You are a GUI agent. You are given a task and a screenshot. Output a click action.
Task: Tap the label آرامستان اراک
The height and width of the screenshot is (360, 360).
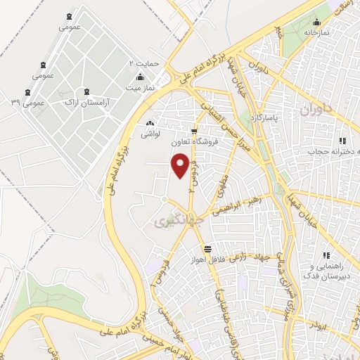point(84,103)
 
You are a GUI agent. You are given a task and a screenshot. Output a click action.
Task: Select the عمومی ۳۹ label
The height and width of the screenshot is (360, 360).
point(27,103)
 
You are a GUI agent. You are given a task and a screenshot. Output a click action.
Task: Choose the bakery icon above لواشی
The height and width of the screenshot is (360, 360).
point(150,124)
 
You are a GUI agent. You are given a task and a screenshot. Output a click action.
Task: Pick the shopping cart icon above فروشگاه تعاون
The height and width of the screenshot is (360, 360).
point(194,131)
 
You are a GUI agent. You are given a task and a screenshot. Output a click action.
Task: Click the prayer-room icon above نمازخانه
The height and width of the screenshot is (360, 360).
point(317,22)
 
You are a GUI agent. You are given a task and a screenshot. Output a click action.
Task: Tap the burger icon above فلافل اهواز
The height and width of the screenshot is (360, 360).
point(208,249)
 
